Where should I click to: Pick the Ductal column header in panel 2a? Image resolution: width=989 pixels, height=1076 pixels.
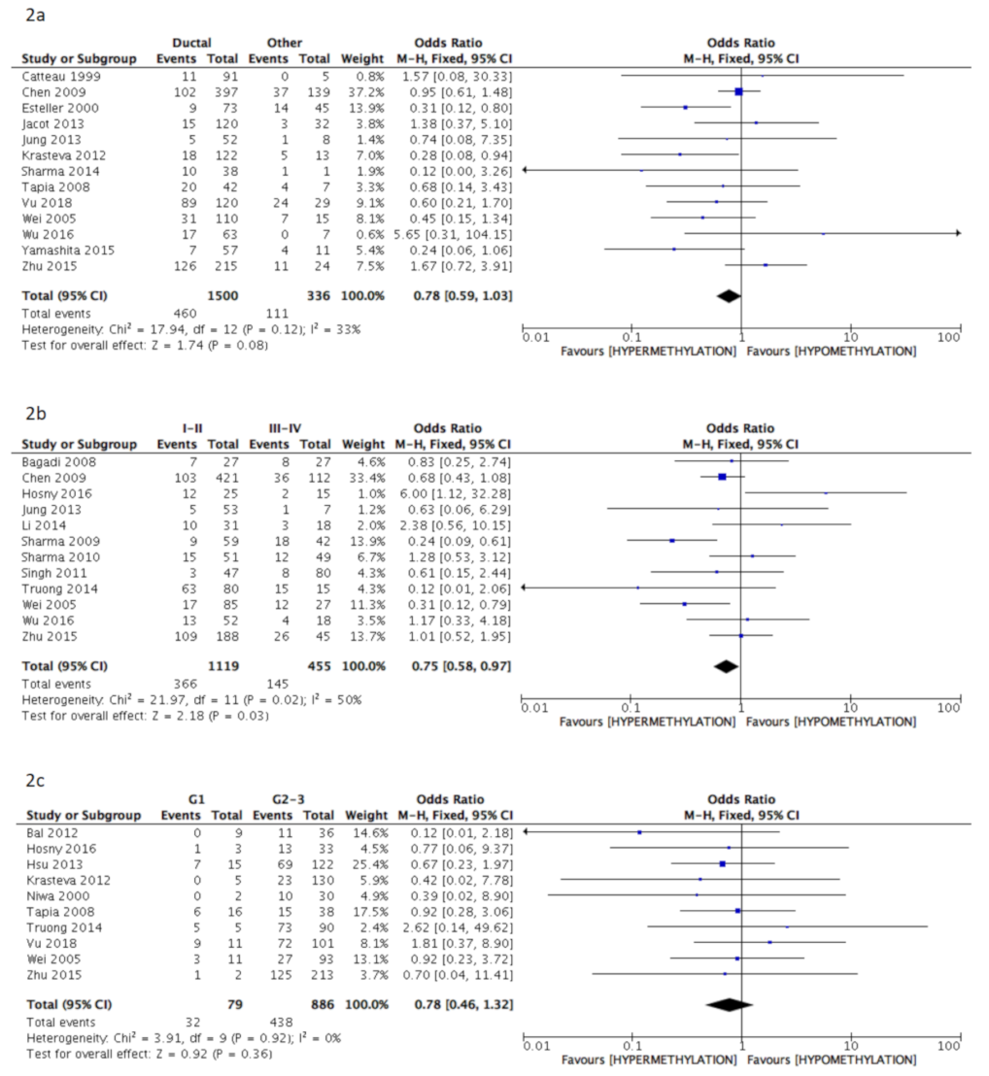[x=192, y=43]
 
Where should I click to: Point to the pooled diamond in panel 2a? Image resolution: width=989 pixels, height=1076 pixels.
[x=727, y=295]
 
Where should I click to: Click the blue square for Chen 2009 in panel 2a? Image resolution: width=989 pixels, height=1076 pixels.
[x=738, y=91]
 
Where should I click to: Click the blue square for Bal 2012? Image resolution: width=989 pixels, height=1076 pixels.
[x=639, y=832]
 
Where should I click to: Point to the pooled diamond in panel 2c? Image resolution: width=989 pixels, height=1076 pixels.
[x=730, y=1005]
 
